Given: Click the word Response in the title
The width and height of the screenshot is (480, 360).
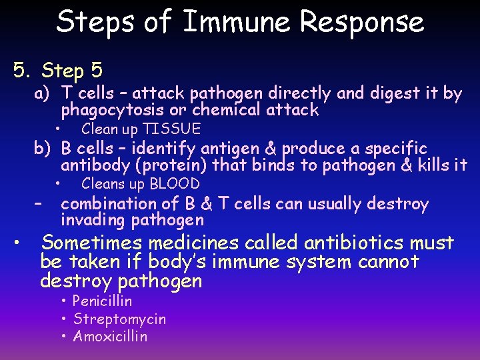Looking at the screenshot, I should (x=362, y=22).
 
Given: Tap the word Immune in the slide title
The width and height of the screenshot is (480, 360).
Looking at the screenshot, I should (x=237, y=22).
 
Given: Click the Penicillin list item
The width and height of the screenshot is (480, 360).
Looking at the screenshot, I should (x=102, y=301).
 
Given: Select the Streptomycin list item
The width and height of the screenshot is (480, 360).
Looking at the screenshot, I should (x=119, y=319).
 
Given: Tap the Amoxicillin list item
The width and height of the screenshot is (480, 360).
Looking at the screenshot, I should (x=110, y=337).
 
